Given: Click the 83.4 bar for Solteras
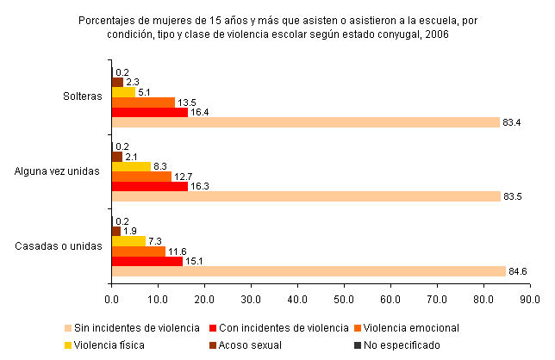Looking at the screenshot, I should pyautogui.click(x=305, y=122).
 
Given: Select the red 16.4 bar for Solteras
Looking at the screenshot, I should pyautogui.click(x=149, y=112).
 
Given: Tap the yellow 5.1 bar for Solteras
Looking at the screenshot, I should pyautogui.click(x=123, y=91).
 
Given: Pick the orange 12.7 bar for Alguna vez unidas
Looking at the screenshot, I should pyautogui.click(x=140, y=176).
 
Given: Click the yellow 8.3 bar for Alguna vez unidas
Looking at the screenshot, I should pyautogui.click(x=131, y=165).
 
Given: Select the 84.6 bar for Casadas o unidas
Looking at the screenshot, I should pyautogui.click(x=308, y=271).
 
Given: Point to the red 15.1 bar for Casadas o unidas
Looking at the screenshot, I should pyautogui.click(x=147, y=261).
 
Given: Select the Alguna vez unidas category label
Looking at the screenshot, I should pyautogui.click(x=58, y=171).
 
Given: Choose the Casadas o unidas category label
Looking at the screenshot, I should pyautogui.click(x=59, y=245).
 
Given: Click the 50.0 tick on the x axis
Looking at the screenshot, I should pyautogui.click(x=344, y=299).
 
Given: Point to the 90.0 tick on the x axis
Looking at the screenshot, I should pyautogui.click(x=530, y=299).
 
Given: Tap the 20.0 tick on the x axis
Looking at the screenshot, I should pyautogui.click(x=204, y=299).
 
